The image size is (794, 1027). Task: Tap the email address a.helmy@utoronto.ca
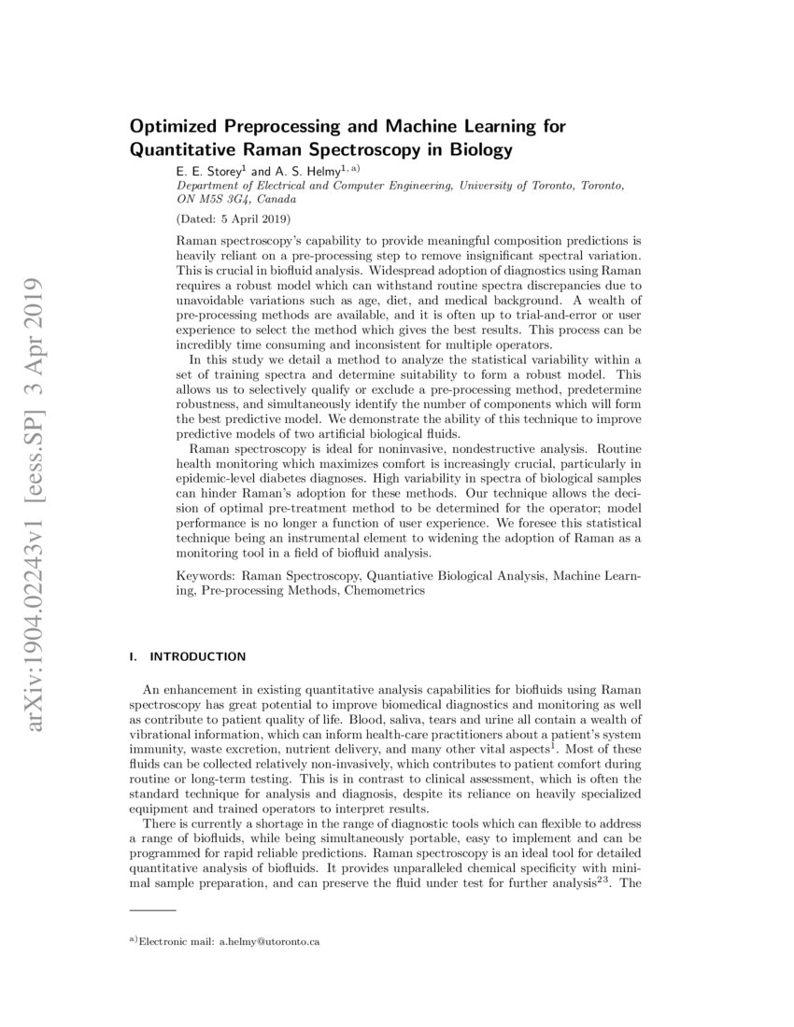(269, 942)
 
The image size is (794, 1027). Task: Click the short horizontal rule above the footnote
(152, 909)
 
